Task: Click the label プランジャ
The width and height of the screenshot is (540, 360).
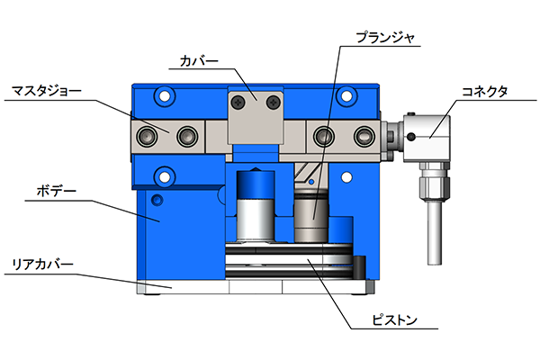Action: (385, 38)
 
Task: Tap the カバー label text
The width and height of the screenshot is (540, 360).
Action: (199, 61)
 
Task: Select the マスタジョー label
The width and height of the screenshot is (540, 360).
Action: (47, 91)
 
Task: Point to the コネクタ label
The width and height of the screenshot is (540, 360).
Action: (484, 92)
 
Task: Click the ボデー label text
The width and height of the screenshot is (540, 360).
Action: (57, 191)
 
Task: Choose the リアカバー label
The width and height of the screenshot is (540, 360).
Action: (42, 265)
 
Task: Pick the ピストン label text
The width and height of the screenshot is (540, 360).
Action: (395, 320)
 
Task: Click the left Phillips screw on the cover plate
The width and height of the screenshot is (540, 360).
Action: (238, 102)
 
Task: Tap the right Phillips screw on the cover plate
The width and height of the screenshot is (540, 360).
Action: (274, 102)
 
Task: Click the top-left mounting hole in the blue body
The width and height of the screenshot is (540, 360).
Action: (165, 96)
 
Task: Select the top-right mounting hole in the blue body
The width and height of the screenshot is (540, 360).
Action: (346, 96)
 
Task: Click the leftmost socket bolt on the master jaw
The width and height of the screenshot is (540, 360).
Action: (147, 137)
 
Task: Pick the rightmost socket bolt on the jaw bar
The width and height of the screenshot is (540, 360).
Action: (364, 137)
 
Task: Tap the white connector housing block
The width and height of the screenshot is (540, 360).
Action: (427, 139)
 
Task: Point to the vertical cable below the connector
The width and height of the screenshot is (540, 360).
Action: (435, 233)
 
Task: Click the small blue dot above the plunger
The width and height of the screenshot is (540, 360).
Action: (311, 182)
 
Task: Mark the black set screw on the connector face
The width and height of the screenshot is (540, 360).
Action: (411, 137)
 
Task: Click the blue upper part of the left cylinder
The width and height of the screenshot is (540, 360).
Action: (256, 184)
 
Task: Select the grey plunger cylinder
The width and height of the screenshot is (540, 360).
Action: (311, 217)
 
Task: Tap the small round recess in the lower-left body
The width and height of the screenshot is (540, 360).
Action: (157, 200)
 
